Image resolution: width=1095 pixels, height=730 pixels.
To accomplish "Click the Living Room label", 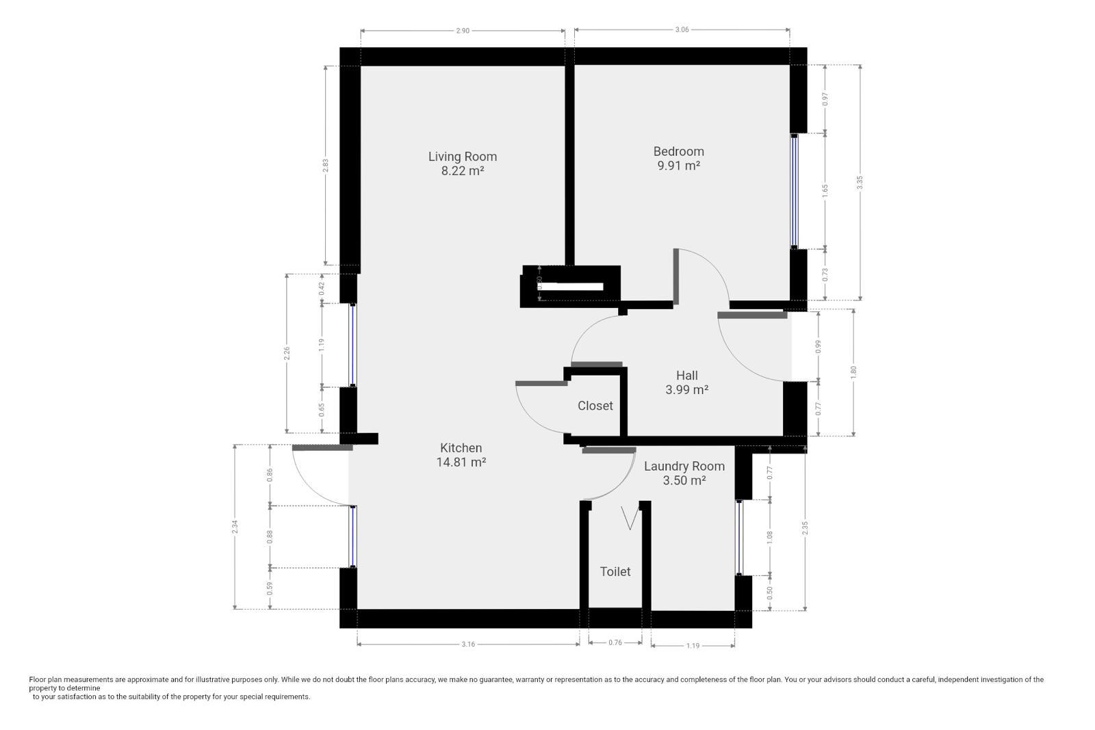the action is tap(463, 157).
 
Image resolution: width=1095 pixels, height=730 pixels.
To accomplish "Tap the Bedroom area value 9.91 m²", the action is tap(678, 166).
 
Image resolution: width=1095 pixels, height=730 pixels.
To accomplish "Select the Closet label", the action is tap(595, 406).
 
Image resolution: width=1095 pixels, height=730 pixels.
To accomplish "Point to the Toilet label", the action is tap(615, 571).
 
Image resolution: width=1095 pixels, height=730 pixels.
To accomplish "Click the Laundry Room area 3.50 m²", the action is tap(684, 480).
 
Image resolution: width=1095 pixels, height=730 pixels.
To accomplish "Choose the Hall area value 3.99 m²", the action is tap(687, 389).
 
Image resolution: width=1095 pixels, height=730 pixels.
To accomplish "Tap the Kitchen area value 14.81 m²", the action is tap(461, 462).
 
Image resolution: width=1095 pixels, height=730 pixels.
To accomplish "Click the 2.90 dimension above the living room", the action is tap(463, 31).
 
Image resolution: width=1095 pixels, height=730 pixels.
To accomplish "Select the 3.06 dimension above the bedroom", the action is tap(682, 29).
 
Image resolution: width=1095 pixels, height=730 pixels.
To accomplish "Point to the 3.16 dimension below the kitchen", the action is tap(468, 644).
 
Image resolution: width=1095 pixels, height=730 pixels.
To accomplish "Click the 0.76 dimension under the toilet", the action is tap(615, 642).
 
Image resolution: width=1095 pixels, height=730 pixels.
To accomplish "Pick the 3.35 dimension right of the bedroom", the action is tap(860, 182).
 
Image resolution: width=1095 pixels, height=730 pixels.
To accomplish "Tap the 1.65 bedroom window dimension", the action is tap(825, 191).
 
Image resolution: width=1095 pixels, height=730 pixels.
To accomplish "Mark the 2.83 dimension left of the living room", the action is tap(326, 165).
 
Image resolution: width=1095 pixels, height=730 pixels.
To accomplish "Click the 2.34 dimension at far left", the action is tap(235, 527).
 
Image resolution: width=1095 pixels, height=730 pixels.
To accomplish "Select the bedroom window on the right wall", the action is tap(795, 191).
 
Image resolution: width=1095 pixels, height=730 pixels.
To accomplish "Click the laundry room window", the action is tap(739, 538).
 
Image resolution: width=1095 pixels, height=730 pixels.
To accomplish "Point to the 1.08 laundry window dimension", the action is tap(769, 538).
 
